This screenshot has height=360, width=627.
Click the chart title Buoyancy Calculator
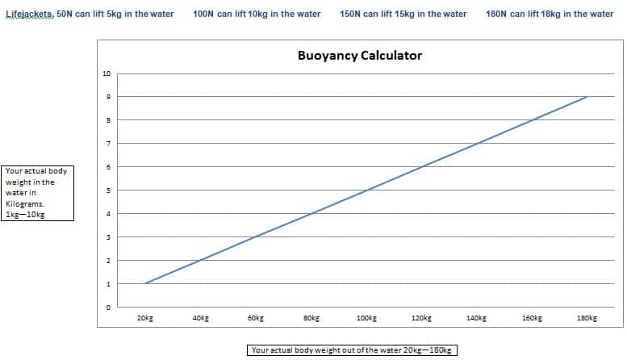[360, 56]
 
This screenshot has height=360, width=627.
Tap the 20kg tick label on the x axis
[146, 319]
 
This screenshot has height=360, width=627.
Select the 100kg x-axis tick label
[366, 319]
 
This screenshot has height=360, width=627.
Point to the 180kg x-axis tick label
[587, 319]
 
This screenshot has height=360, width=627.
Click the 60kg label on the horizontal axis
[256, 319]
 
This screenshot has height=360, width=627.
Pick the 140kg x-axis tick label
[476, 319]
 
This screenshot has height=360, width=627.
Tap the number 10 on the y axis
[107, 73]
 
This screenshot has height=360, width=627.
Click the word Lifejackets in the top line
[29, 15]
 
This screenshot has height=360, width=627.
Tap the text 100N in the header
[205, 15]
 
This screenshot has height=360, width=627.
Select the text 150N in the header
[351, 15]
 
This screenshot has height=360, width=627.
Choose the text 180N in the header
[497, 15]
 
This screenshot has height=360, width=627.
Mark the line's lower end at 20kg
[146, 283]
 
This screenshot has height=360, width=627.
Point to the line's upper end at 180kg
[587, 97]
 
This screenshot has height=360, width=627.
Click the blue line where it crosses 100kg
[366, 190]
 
